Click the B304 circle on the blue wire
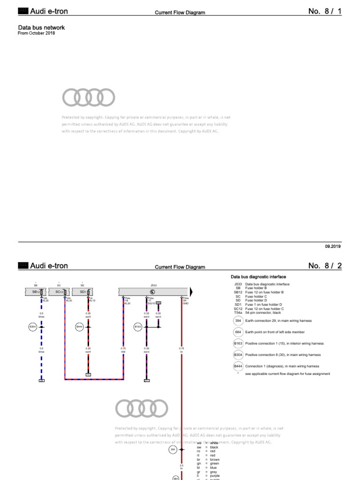click(x=33, y=327)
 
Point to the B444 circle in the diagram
click(x=79, y=327)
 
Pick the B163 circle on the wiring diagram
click(x=138, y=327)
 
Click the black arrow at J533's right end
click(x=191, y=292)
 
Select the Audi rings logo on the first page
click(x=88, y=97)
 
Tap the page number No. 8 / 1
click(x=325, y=11)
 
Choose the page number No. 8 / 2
click(x=325, y=266)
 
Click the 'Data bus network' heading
click(x=41, y=28)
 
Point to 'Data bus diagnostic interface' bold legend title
click(x=259, y=277)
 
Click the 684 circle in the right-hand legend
click(x=238, y=332)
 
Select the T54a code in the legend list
click(x=238, y=313)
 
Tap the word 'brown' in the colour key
click(x=215, y=459)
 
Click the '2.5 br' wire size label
click(x=181, y=466)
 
